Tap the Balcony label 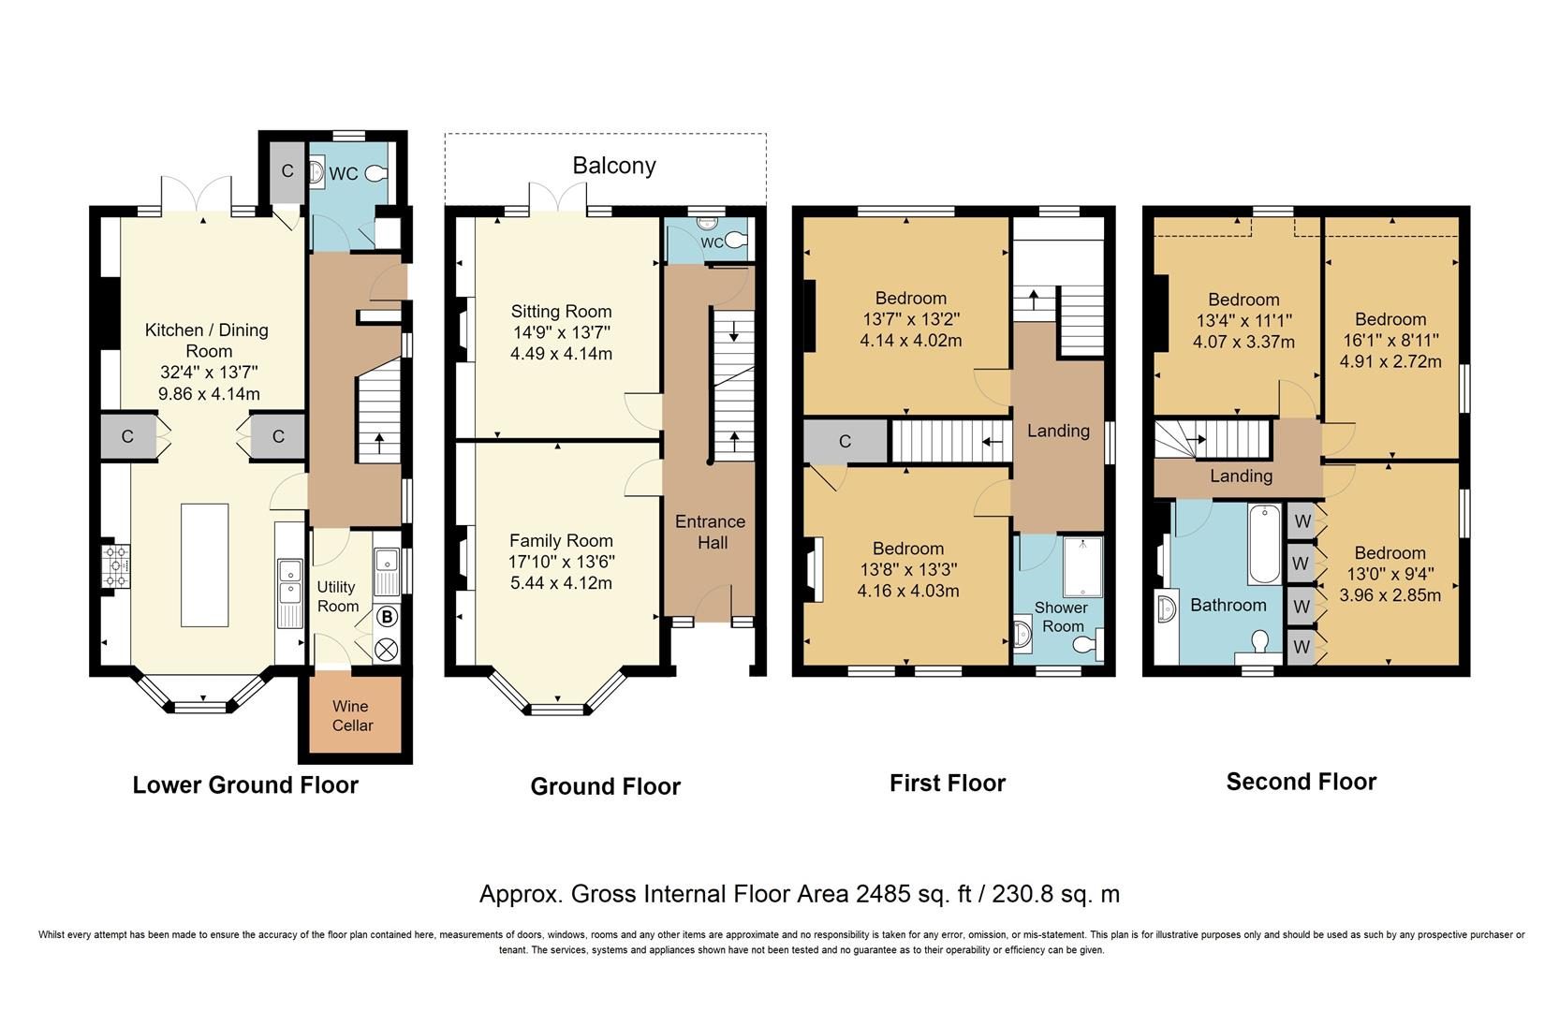(614, 166)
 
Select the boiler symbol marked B (388, 617)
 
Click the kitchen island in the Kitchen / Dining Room (205, 565)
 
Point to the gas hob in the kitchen (116, 565)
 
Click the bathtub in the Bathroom (1264, 545)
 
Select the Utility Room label (338, 596)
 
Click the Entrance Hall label (711, 532)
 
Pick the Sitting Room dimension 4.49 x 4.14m (561, 354)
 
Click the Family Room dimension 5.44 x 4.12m (561, 583)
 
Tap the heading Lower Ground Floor (245, 784)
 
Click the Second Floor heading (1302, 782)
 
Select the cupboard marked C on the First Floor (846, 441)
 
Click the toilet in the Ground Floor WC (737, 241)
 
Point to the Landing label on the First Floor (1059, 431)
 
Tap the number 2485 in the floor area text (884, 893)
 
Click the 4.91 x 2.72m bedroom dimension (1390, 362)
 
